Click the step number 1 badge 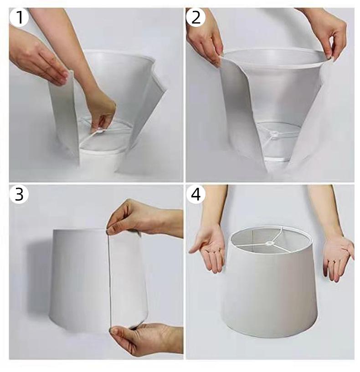click(19, 17)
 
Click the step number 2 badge click(195, 17)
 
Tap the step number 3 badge click(19, 194)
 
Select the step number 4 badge click(195, 194)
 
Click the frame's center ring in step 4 click(269, 243)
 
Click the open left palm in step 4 click(209, 249)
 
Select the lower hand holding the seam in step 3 click(144, 339)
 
